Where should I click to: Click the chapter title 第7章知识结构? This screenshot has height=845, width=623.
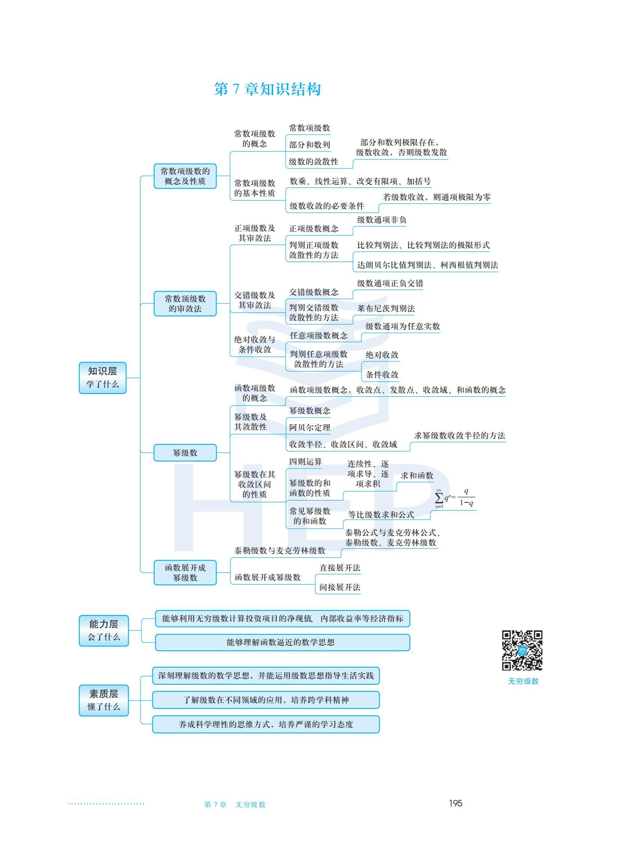point(267,89)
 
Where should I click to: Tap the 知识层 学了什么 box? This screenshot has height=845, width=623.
point(102,377)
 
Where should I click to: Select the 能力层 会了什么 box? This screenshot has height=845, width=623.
point(104,630)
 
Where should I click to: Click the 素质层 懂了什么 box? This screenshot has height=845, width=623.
point(104,700)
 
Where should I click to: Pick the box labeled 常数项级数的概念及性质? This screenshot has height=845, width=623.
point(185,176)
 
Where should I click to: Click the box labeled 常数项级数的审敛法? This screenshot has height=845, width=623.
point(185,304)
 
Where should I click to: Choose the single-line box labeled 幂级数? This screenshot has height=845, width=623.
point(185,453)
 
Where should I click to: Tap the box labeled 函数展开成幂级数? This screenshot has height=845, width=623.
point(185,572)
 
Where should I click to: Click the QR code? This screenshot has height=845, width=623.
point(522,650)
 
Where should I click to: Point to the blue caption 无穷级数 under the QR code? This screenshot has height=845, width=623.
point(523,681)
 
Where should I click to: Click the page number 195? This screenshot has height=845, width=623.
point(456,803)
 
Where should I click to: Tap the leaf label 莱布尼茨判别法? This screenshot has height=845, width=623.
point(386,308)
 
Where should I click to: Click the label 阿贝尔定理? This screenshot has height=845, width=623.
point(310,427)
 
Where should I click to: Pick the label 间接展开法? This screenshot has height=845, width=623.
point(340,587)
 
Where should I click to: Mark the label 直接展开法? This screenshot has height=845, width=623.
point(340,568)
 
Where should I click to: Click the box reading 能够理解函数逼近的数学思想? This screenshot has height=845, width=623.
point(283,642)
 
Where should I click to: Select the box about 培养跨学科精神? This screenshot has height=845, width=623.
point(266,700)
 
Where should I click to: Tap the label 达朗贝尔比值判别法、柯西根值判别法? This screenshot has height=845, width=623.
point(427,265)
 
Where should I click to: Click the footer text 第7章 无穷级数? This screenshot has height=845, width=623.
point(235,804)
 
